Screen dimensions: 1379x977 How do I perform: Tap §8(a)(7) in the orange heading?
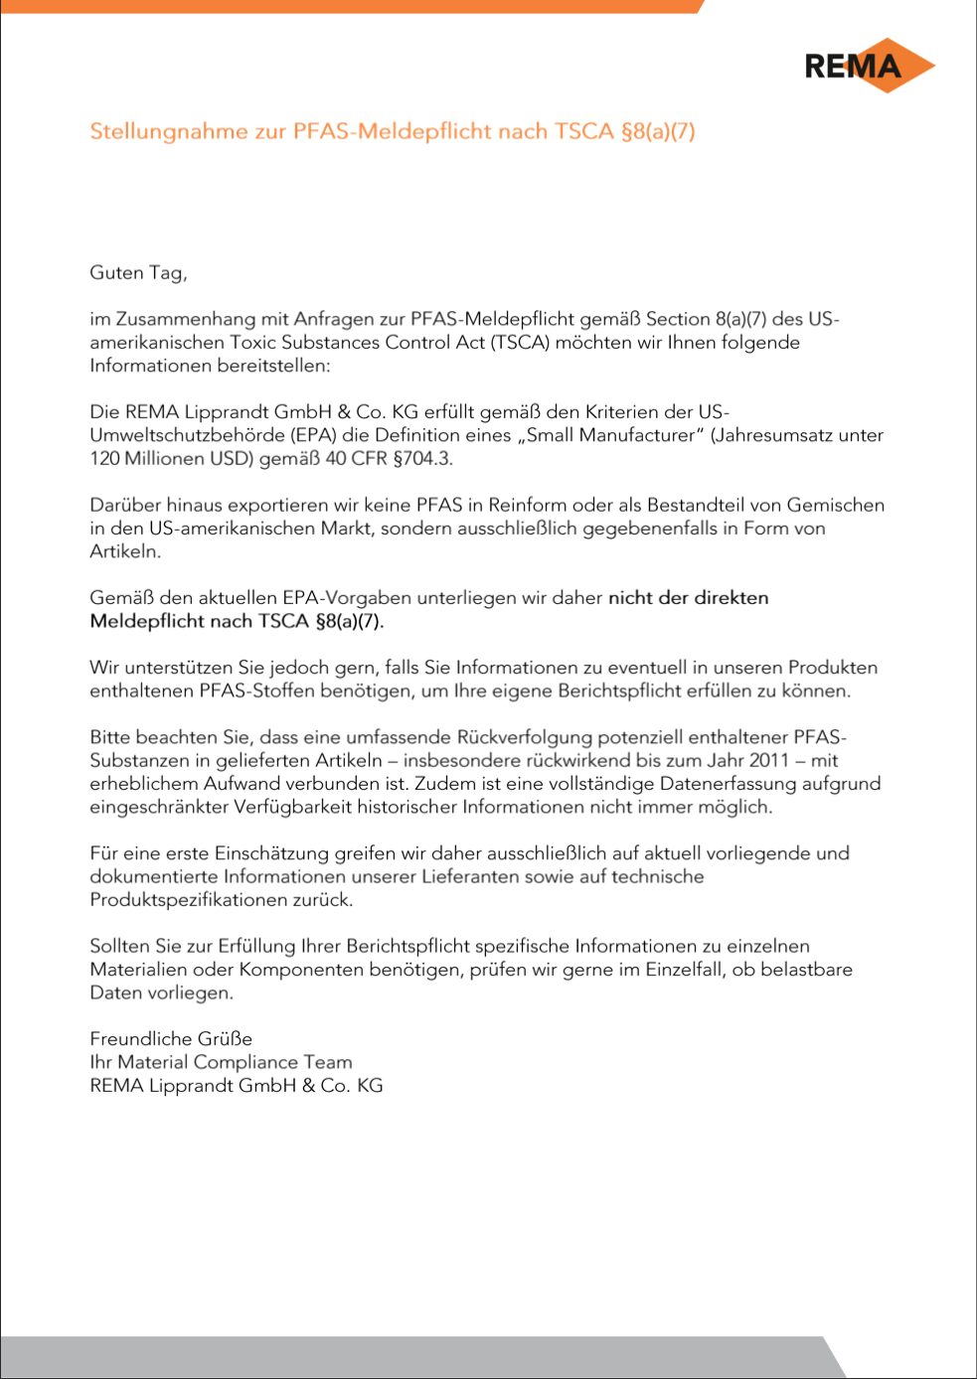658,131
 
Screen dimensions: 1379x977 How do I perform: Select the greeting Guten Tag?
138,272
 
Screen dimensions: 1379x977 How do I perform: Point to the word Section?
678,319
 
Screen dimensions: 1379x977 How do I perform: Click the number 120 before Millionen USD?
105,458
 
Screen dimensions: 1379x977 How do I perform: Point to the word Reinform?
530,505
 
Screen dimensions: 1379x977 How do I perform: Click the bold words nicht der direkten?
688,597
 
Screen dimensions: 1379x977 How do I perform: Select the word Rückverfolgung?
524,737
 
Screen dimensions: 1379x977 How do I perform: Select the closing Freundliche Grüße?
171,1038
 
